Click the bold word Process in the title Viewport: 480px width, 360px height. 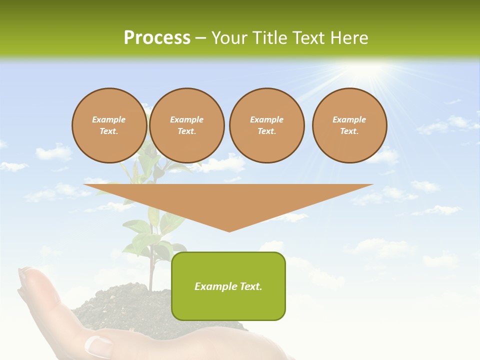[157, 38]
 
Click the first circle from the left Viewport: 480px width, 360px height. [109, 125]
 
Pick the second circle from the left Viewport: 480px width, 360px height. [186, 125]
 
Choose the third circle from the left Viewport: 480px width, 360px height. [266, 125]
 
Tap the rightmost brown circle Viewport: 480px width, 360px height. [349, 125]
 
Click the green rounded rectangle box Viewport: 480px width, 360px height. [228, 286]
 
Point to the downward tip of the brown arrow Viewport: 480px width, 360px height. [229, 230]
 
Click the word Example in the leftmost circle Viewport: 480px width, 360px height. [109, 119]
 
